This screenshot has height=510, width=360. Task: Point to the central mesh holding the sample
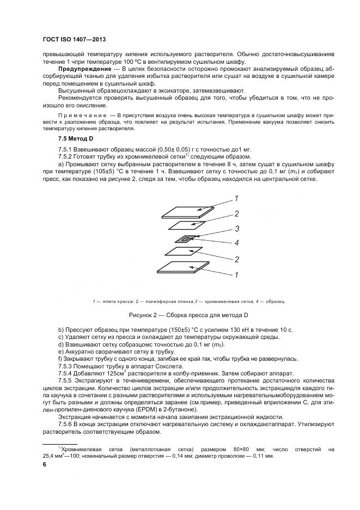click(186, 239)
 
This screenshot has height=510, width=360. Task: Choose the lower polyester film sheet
click(184, 252)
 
